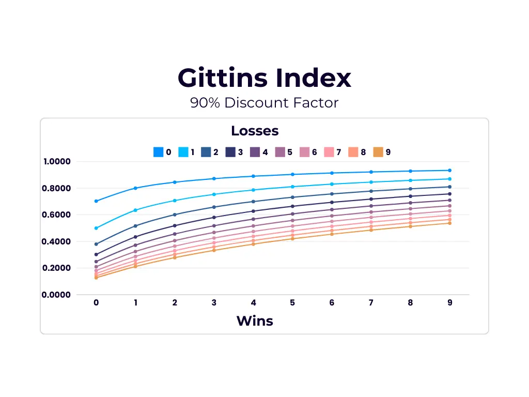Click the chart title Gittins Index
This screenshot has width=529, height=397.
(264, 78)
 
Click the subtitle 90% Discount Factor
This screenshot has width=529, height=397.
(264, 103)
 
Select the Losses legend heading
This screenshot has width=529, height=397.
(255, 131)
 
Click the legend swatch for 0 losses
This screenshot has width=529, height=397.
(158, 152)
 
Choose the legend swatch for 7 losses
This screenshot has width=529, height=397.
(329, 152)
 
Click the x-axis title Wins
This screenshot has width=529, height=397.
(255, 320)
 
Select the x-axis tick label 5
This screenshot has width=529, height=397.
(292, 303)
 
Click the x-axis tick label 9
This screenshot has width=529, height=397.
(449, 303)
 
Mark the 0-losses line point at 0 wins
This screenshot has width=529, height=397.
(96, 201)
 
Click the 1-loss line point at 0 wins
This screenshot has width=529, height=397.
(96, 228)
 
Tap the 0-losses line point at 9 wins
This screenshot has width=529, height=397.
(449, 170)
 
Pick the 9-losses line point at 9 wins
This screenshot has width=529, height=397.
(449, 223)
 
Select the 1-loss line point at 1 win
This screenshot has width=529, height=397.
(135, 210)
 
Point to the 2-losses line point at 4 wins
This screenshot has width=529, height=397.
(253, 202)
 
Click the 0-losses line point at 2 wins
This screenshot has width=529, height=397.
(175, 182)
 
